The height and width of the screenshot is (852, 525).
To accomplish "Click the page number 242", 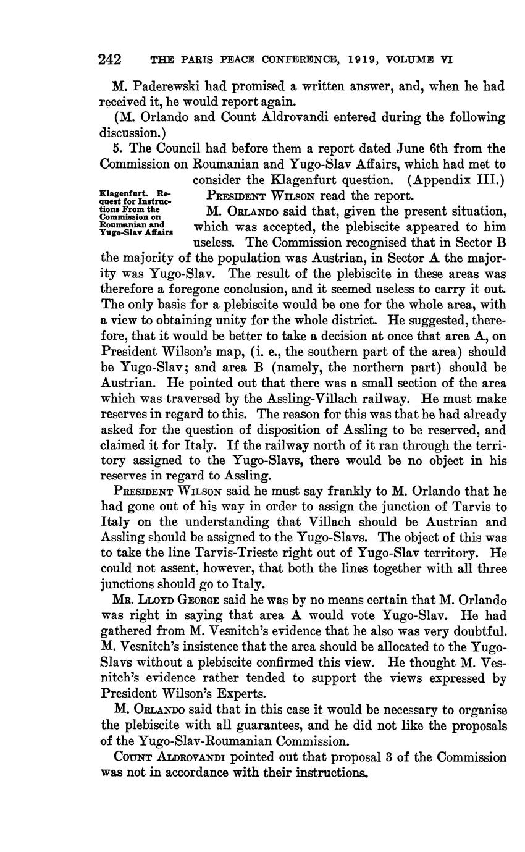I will pos(109,61).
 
